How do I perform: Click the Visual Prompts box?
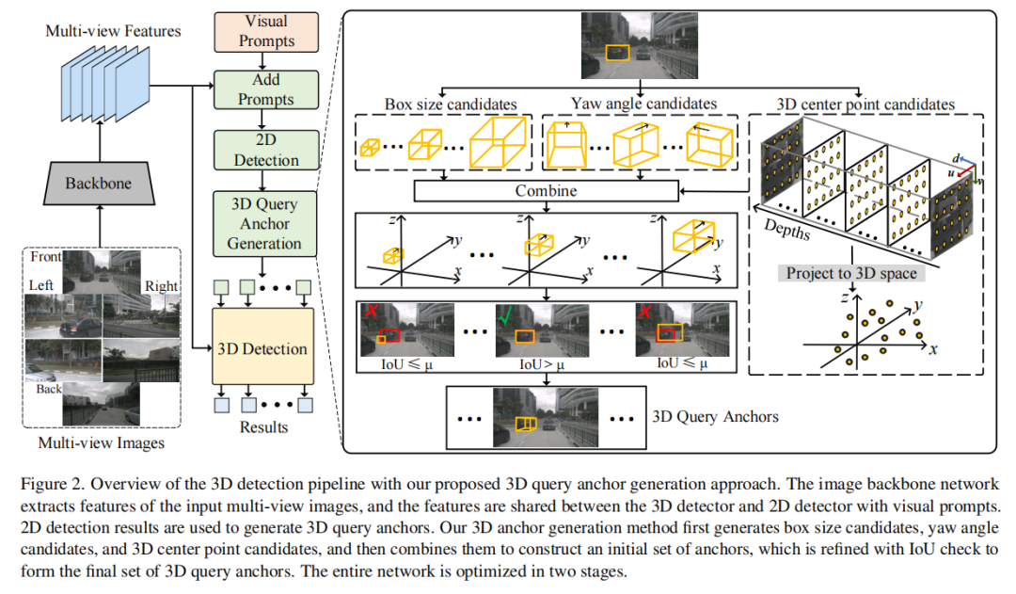click(267, 31)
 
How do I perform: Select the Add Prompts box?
click(267, 89)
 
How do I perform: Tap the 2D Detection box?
click(267, 150)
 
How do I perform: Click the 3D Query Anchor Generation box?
click(265, 223)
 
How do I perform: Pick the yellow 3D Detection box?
click(262, 348)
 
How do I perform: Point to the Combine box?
click(546, 190)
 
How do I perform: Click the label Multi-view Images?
click(101, 442)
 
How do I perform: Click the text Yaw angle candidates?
click(643, 103)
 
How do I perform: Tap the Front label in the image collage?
click(46, 256)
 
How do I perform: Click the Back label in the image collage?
click(48, 388)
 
